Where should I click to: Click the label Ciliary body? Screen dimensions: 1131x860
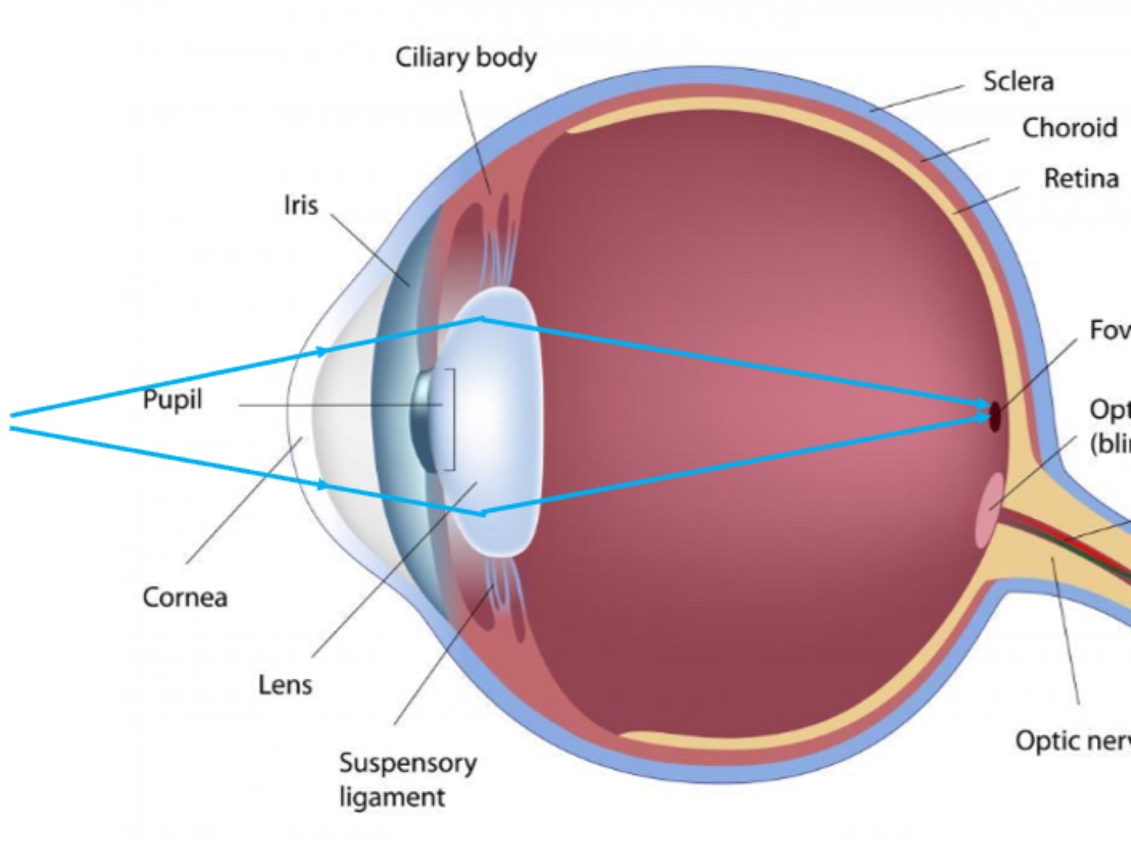point(465,58)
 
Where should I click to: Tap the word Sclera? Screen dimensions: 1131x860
point(1018,81)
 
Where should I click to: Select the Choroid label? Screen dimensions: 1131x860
point(1069,128)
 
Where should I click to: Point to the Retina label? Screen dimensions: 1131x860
point(1081,179)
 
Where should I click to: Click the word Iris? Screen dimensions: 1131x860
point(301,205)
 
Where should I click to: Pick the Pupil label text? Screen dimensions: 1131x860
point(172,399)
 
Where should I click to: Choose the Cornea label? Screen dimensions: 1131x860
point(185,597)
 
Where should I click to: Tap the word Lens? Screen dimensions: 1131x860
point(285,684)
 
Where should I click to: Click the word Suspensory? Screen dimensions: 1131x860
point(408,762)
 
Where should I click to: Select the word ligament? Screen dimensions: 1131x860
point(392,797)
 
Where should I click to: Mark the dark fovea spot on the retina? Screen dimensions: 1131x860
point(995,416)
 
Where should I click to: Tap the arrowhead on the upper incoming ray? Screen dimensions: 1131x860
point(321,351)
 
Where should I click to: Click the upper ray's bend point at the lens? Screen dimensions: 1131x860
point(482,319)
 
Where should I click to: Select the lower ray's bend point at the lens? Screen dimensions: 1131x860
point(482,513)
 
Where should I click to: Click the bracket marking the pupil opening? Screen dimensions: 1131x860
point(454,419)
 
